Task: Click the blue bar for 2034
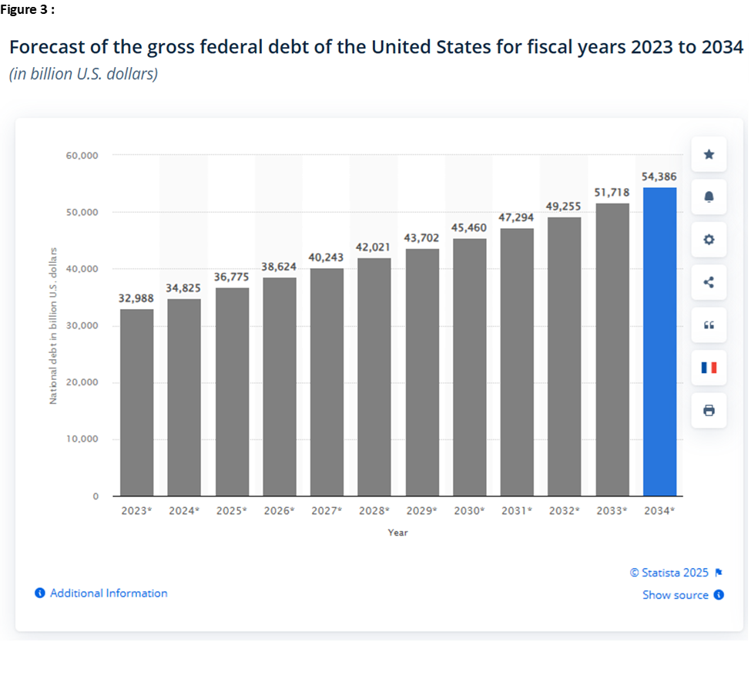click(x=659, y=341)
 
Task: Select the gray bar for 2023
click(x=136, y=402)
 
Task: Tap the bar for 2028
click(x=374, y=377)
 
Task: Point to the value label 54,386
click(x=659, y=177)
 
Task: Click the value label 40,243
click(x=327, y=257)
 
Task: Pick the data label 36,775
click(x=232, y=277)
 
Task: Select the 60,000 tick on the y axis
click(x=83, y=156)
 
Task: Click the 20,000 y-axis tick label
click(x=83, y=382)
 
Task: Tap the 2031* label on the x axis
click(x=516, y=510)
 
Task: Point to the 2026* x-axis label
click(x=279, y=510)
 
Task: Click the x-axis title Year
click(x=397, y=533)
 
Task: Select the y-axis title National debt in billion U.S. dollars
click(x=53, y=325)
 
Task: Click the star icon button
click(x=709, y=154)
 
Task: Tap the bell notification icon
click(x=709, y=197)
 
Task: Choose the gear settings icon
click(x=709, y=240)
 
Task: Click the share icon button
click(x=709, y=282)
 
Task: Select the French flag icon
click(x=709, y=368)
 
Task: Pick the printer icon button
click(x=709, y=410)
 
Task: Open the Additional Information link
click(x=108, y=593)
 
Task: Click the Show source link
click(x=676, y=595)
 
